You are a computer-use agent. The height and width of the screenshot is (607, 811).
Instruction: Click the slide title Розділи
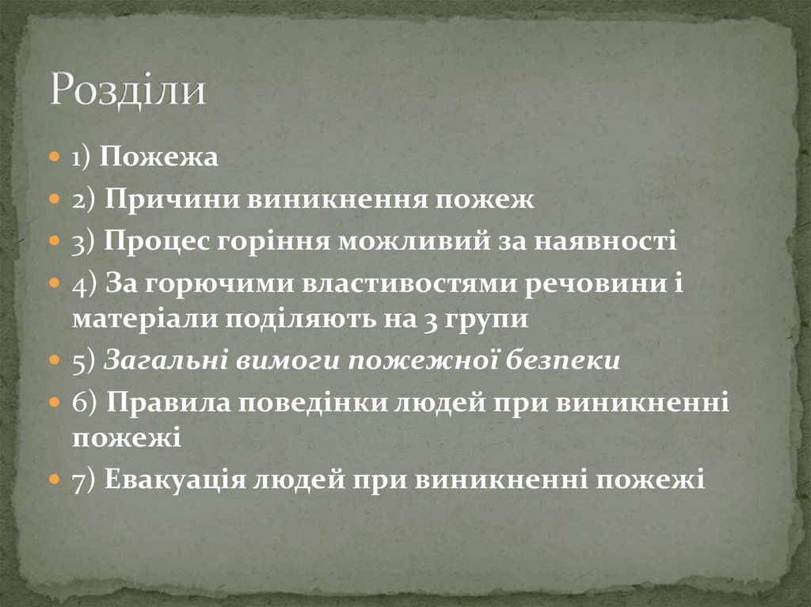tap(128, 90)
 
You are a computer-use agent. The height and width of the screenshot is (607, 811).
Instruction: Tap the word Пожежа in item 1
tap(158, 157)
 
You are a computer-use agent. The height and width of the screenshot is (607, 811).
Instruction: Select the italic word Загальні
tap(166, 361)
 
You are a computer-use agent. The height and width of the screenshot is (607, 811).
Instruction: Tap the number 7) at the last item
tap(83, 480)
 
